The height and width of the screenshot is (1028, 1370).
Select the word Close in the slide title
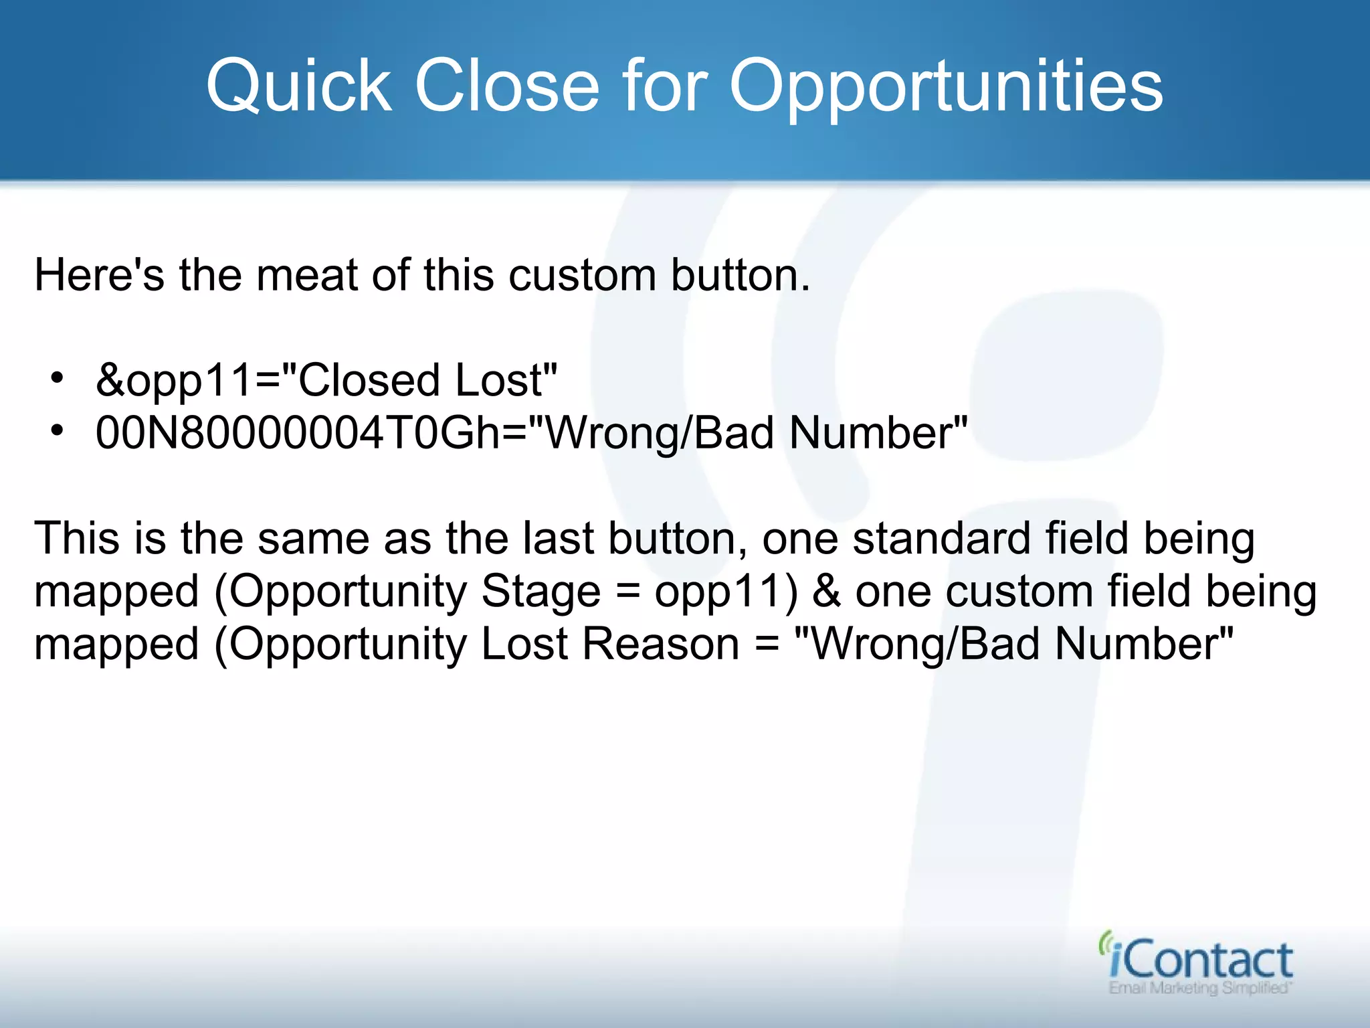(506, 86)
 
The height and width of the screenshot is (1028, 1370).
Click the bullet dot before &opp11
(58, 379)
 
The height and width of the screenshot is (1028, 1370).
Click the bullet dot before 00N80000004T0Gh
(58, 431)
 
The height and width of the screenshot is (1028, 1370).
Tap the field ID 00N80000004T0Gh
(298, 432)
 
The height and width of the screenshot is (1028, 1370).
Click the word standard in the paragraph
(942, 538)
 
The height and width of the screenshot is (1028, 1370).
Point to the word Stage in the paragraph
(541, 592)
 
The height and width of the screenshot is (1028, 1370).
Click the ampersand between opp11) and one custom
(827, 592)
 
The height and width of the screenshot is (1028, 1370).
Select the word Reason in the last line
(660, 644)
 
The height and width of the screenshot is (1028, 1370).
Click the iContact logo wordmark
(1201, 960)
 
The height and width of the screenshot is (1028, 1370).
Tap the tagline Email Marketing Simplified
(1199, 989)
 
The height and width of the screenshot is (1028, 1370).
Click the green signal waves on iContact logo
(1105, 944)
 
